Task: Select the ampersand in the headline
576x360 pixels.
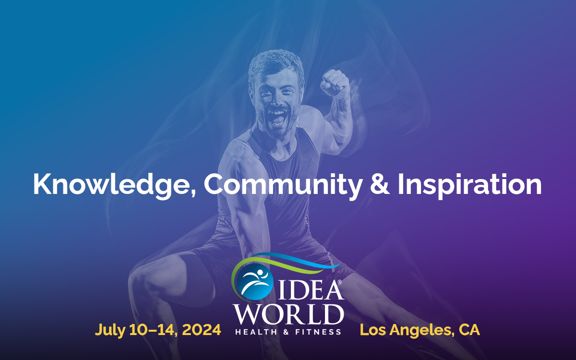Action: (380, 184)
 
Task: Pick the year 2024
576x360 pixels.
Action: (201, 330)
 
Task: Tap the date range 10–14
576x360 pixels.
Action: (153, 330)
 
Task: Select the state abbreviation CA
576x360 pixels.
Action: (469, 330)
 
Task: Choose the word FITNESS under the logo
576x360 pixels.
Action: (318, 332)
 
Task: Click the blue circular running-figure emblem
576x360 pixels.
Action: (254, 282)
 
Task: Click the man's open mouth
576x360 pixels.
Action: (277, 117)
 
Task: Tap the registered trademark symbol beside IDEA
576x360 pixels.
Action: (339, 282)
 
